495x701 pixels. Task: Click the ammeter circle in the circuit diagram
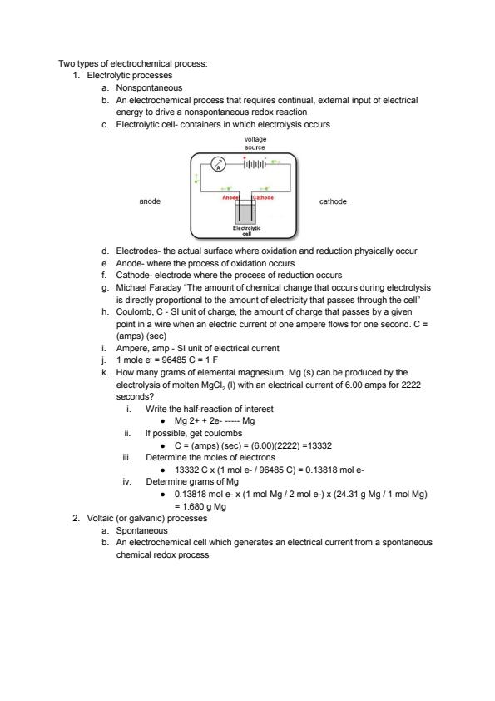point(219,164)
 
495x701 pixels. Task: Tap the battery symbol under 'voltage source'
point(255,164)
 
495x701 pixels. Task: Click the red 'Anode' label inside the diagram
point(230,197)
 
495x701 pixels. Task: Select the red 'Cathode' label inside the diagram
point(263,197)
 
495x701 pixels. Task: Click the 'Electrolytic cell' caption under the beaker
point(246,231)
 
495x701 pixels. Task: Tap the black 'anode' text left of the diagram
point(150,201)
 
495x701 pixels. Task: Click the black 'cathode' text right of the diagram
point(333,201)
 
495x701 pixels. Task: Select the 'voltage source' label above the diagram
point(255,143)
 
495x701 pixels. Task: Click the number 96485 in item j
point(171,360)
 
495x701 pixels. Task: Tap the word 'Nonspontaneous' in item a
point(149,87)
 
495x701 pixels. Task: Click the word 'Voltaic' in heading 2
point(100,518)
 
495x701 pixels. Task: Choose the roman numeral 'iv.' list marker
point(127,481)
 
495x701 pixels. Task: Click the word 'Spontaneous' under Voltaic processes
point(142,530)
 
